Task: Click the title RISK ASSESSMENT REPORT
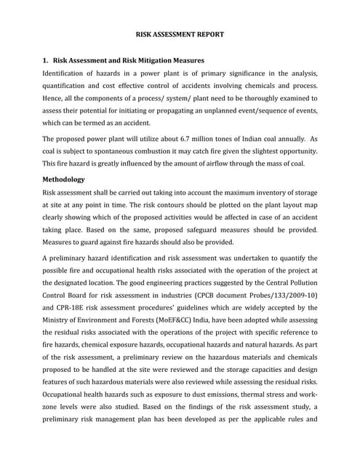180,34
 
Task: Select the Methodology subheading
64,179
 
